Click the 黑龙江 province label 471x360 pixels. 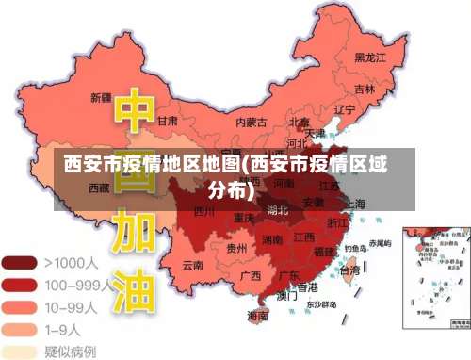(x=370, y=57)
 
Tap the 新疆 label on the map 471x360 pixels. (x=101, y=97)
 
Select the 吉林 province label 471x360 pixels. (x=365, y=89)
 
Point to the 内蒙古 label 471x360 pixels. (x=251, y=122)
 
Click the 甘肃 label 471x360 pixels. (x=168, y=122)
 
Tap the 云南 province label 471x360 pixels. (x=193, y=266)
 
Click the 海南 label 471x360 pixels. (x=256, y=318)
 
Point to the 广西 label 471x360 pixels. (x=250, y=276)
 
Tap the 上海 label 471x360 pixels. (x=354, y=203)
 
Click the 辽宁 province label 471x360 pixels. (x=345, y=109)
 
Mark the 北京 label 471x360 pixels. (x=300, y=122)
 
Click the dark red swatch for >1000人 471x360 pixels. (x=20, y=262)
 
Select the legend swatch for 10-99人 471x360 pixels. (x=20, y=306)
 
